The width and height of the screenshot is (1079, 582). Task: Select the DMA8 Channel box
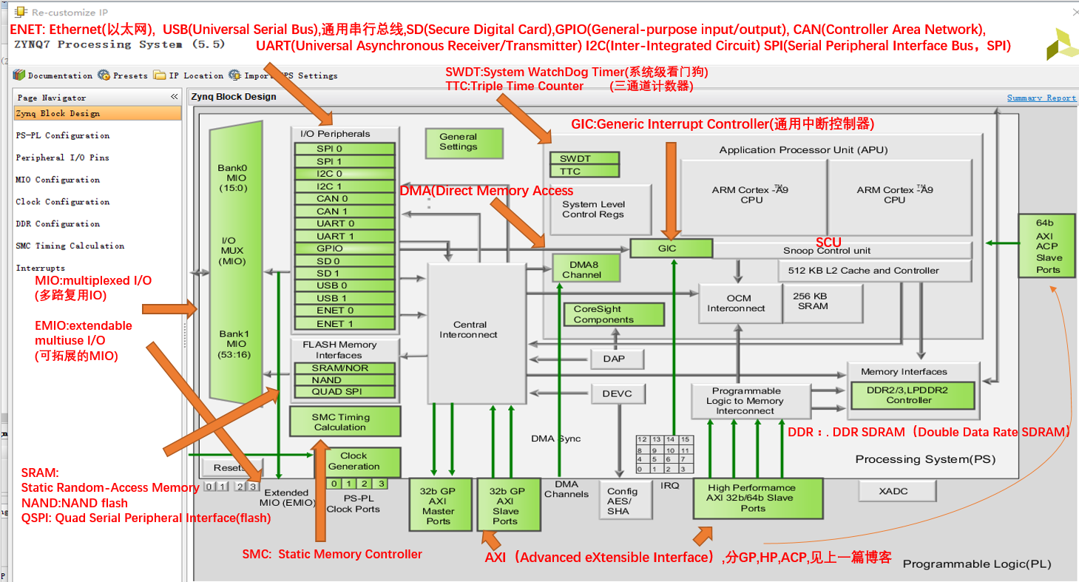[586, 269]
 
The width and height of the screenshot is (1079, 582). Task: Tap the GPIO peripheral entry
[344, 248]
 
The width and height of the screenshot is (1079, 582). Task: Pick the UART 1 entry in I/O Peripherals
[344, 236]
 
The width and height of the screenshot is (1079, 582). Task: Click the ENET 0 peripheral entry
[344, 311]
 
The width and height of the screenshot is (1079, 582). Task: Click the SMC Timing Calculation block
[345, 422]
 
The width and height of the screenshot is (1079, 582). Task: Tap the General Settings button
[458, 142]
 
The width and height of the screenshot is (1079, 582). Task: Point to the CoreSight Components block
[603, 314]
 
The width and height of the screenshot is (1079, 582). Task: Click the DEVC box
[618, 393]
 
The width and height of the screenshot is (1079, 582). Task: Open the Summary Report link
[1041, 98]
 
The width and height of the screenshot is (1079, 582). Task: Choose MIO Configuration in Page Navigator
[58, 180]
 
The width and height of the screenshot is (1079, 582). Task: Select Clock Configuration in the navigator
[63, 202]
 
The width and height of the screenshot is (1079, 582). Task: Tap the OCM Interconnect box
[740, 303]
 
